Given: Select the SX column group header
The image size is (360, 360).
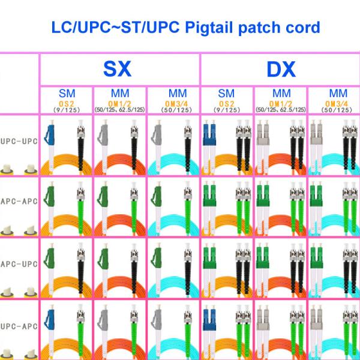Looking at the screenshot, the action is [118, 68].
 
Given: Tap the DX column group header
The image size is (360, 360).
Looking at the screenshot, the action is [281, 69].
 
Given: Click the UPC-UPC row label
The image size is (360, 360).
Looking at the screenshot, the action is [19, 141].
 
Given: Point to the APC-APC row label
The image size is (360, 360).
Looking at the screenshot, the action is [19, 202].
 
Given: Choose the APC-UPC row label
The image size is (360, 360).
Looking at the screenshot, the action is [19, 264].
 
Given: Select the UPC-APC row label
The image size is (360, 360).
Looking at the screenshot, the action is [19, 326].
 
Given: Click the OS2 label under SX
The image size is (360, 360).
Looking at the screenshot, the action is [67, 104].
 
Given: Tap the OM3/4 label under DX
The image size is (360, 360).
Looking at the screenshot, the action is [337, 104].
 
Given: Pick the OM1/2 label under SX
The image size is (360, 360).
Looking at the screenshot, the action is [119, 104].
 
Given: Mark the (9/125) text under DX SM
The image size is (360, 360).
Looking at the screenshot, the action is [227, 110].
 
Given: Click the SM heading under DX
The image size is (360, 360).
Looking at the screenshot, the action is [226, 94].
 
